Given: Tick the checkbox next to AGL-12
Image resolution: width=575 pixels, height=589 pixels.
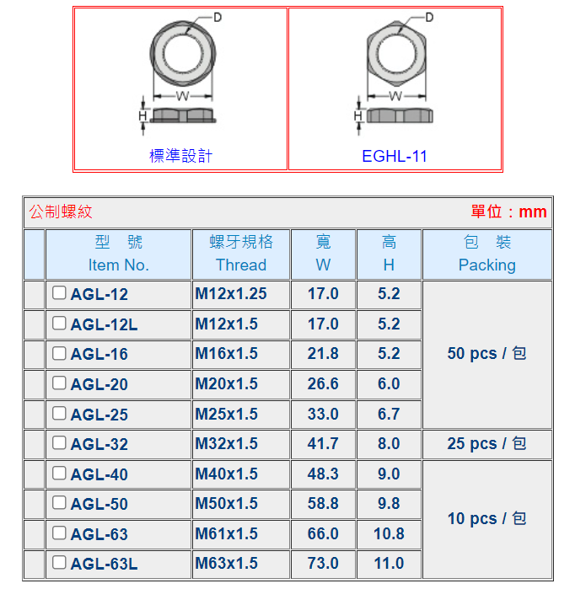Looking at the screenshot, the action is pos(59,292).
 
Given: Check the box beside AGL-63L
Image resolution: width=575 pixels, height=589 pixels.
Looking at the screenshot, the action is pos(59,562).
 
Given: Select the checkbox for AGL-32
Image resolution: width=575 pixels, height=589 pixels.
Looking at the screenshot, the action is pos(59,442).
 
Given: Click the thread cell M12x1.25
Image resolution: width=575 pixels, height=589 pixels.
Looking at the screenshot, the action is pos(231,294).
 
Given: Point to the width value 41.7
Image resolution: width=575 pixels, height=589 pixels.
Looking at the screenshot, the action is pos(323,443).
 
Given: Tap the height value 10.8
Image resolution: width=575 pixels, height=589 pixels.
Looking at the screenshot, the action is pos(389,533).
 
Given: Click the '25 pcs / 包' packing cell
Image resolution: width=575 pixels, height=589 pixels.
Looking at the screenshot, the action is pos(486,443).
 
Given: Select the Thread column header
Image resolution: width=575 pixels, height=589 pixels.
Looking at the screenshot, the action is pos(241,254).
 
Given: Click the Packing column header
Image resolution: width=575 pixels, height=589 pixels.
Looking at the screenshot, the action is pos(487,254).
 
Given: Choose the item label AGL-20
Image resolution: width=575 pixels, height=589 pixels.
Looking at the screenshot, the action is pos(99,384).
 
